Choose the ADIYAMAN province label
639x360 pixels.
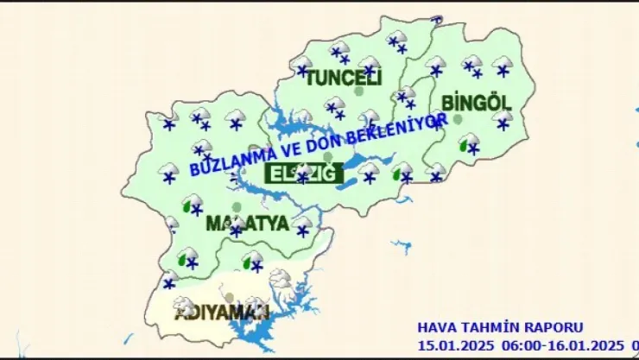pos(222,312)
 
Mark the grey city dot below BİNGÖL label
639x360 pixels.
pos(458,118)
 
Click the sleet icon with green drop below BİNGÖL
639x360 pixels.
pos(469,144)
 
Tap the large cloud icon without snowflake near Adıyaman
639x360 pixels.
pos(281,279)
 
